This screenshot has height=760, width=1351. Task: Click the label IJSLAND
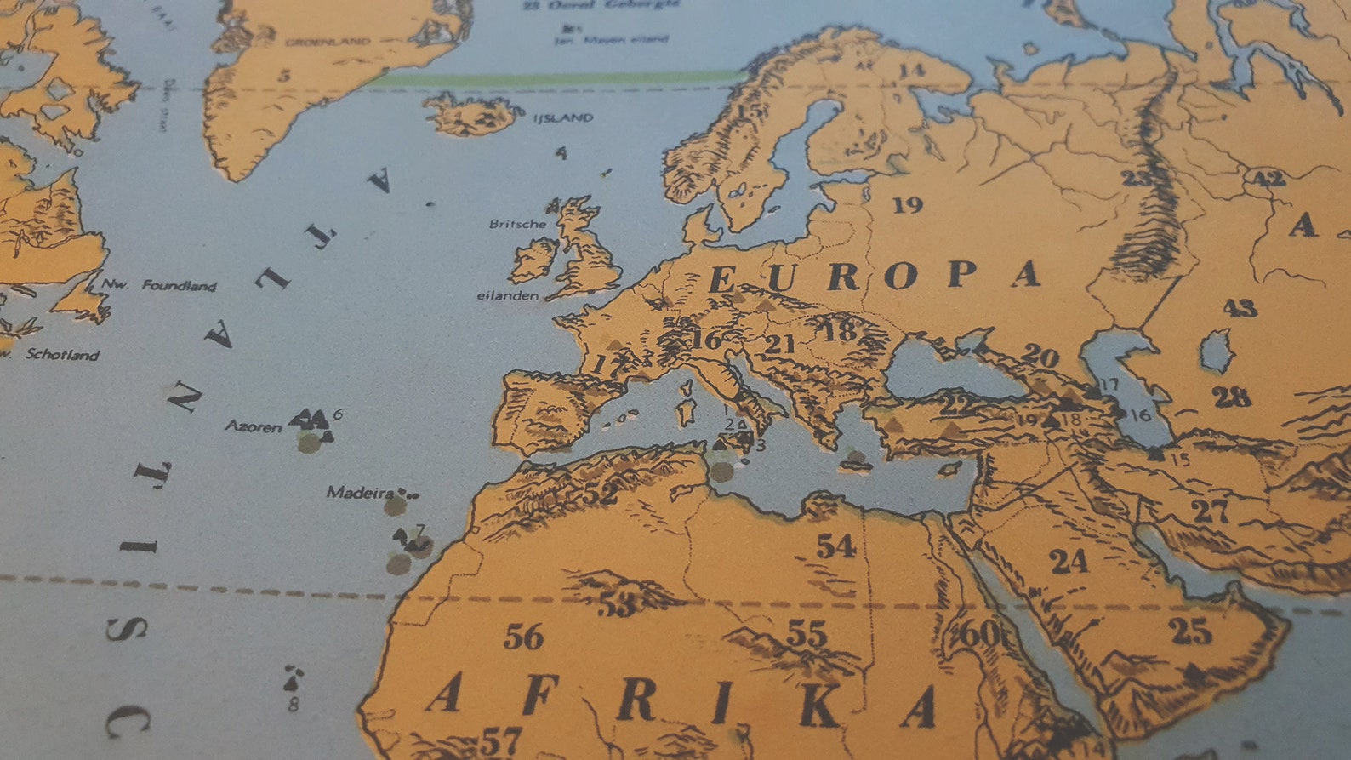point(562,118)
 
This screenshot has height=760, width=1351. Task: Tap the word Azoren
point(253,426)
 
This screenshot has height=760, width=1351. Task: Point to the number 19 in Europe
point(907,205)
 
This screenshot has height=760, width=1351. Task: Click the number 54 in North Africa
point(835,546)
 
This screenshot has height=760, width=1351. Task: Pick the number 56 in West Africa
point(523,636)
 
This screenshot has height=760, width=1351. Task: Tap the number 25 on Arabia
point(1189,631)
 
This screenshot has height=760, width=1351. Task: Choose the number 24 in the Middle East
point(1069,562)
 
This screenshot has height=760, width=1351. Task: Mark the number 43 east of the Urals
point(1240,308)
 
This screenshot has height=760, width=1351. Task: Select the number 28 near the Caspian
point(1231,397)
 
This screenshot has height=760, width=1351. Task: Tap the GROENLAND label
point(328,42)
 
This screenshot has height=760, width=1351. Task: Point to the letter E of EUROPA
point(722,279)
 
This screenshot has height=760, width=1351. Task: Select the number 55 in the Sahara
point(806,633)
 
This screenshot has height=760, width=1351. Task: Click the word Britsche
point(517,224)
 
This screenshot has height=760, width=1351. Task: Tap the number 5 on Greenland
point(284,76)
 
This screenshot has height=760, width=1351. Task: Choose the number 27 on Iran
point(1210,511)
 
